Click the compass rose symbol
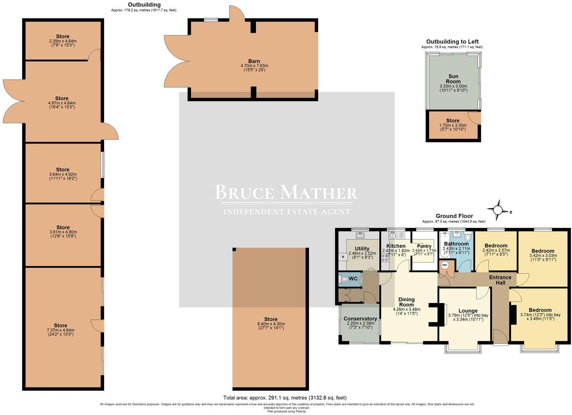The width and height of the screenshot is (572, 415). (498, 210)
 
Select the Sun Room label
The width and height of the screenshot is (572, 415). (453, 79)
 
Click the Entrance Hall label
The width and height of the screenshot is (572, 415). (500, 280)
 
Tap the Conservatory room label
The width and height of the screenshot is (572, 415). (360, 319)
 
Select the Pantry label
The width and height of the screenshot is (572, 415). (424, 246)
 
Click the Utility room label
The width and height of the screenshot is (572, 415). (362, 249)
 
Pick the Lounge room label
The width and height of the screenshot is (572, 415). (468, 311)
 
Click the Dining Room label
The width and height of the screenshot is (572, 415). (406, 302)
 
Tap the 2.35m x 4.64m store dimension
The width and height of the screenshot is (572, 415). (63, 41)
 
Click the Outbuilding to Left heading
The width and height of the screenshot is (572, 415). (452, 41)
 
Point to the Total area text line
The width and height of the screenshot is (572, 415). (285, 398)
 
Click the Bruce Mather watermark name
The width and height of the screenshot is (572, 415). (286, 192)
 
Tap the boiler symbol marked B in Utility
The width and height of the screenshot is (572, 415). (342, 257)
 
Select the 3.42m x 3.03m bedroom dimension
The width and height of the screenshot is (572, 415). (542, 256)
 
